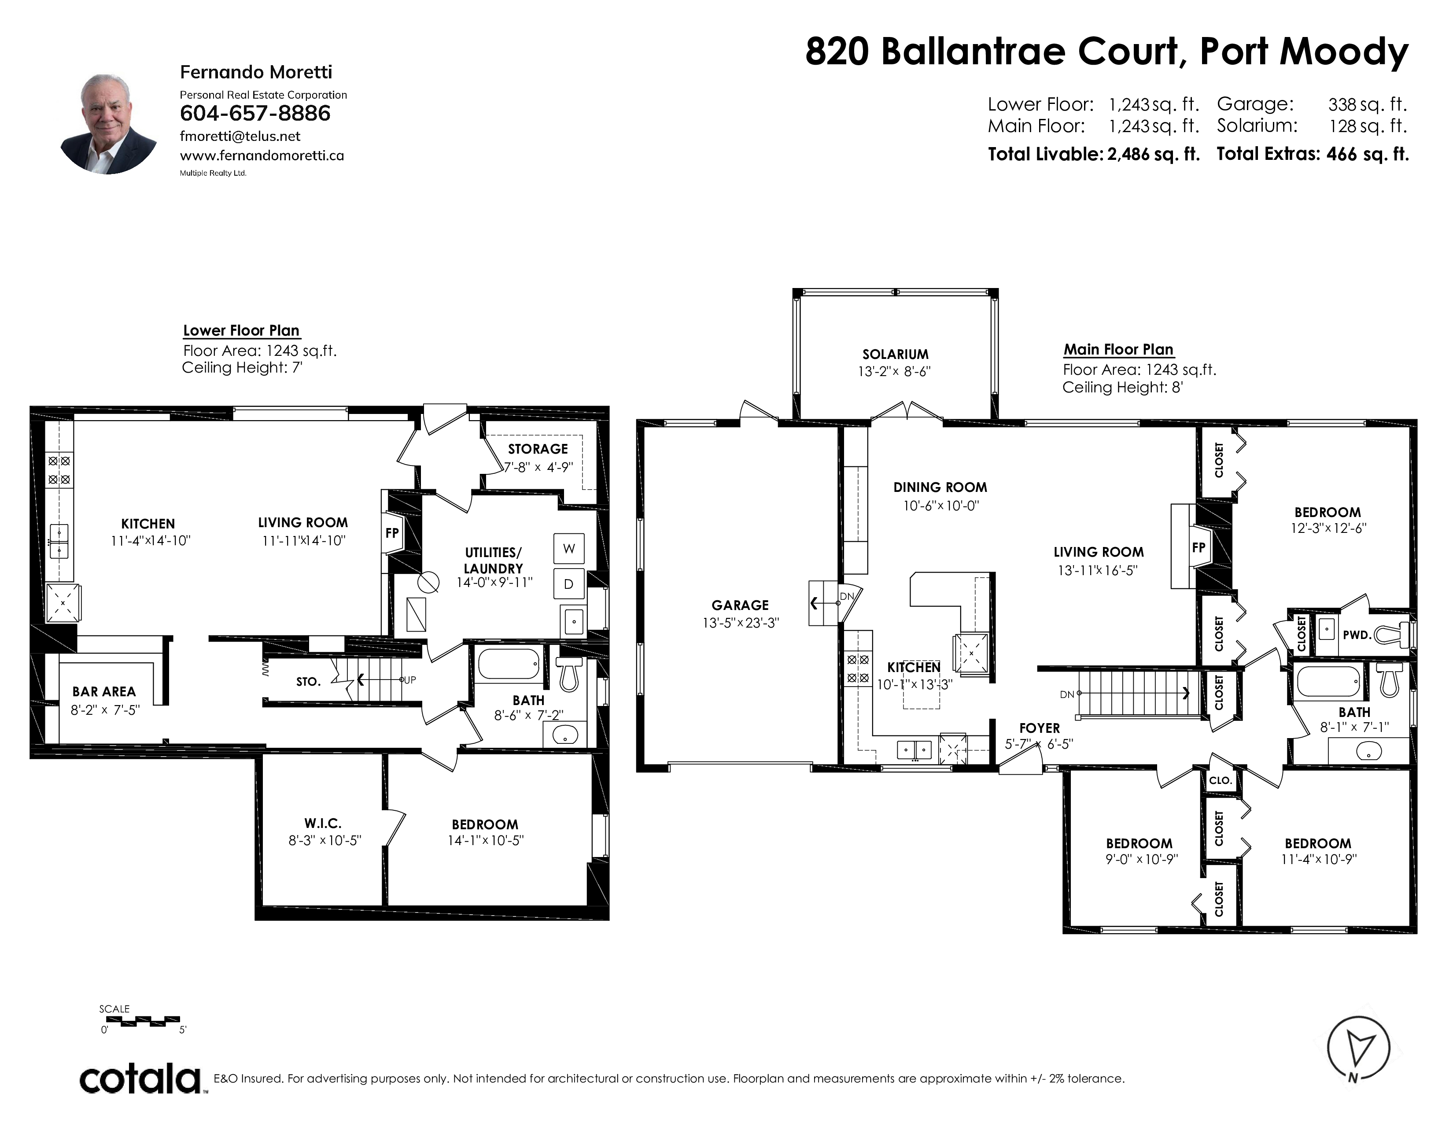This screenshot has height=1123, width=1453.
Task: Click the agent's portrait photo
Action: tap(108, 124)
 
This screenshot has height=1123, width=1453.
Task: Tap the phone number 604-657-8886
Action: tap(255, 113)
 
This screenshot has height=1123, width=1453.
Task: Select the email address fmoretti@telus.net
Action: tap(240, 137)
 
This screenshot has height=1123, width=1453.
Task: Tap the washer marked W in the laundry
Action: tap(569, 548)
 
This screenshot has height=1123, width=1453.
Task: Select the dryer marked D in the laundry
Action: tap(569, 584)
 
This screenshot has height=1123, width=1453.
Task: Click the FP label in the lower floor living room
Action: tap(392, 533)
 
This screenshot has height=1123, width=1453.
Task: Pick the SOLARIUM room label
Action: tap(896, 355)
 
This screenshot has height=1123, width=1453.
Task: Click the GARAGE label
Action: tap(740, 605)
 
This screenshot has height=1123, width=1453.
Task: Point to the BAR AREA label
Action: tap(104, 692)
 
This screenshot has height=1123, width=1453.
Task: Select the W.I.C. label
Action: tap(323, 824)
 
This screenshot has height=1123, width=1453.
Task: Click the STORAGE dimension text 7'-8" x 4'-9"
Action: tap(538, 467)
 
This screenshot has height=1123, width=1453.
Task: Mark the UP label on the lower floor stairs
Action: tap(410, 680)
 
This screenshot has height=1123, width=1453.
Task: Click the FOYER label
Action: tap(1039, 728)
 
